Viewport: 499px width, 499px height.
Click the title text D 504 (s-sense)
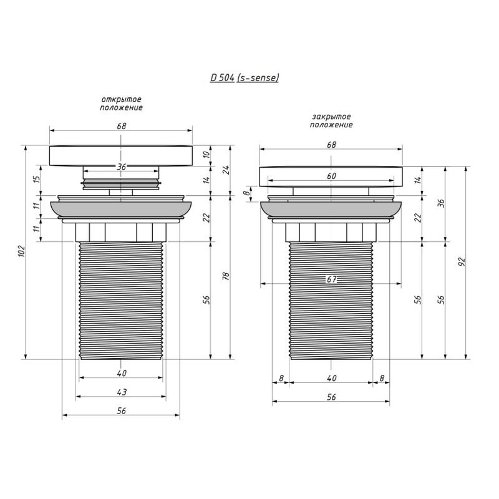(x=244, y=77)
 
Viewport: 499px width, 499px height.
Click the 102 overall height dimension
(x=21, y=252)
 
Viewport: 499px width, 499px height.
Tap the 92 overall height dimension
(x=462, y=262)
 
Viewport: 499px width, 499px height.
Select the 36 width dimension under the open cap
(x=122, y=167)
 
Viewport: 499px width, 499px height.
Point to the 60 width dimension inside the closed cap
(x=331, y=176)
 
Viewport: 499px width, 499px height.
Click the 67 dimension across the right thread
(x=331, y=279)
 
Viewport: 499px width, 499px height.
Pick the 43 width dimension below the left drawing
(x=122, y=392)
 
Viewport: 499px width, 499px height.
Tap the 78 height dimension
(x=226, y=276)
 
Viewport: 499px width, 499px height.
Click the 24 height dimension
(x=226, y=170)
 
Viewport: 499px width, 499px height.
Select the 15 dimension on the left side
(x=37, y=179)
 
